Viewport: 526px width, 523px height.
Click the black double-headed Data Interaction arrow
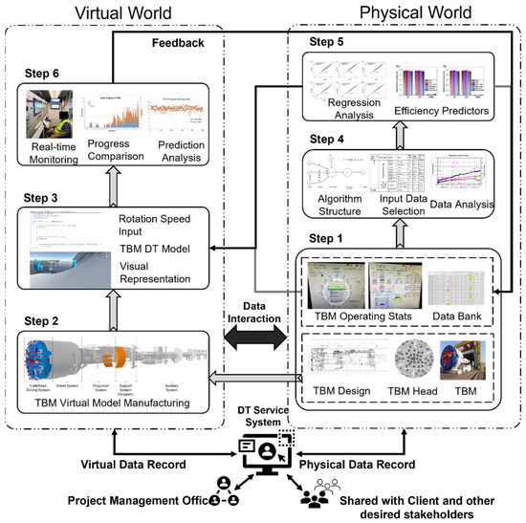click(x=253, y=336)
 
